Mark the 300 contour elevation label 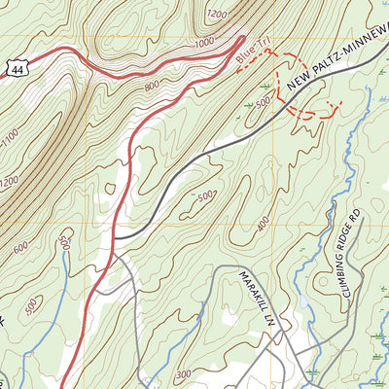point(184,373)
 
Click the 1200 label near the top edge point(216,14)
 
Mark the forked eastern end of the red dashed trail point(336,105)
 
